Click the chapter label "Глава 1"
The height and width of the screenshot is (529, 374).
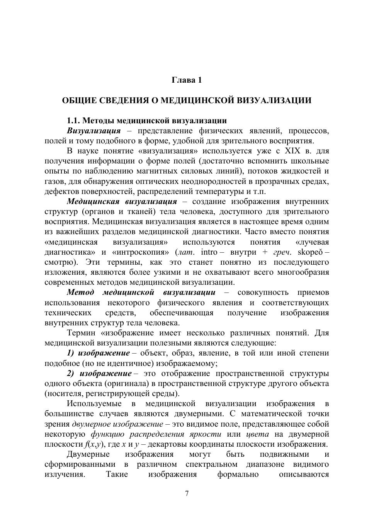click(x=187, y=80)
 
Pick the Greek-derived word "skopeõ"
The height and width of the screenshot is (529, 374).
click(x=311, y=252)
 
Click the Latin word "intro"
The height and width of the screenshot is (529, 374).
click(x=209, y=252)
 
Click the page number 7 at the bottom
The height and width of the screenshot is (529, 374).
click(x=187, y=493)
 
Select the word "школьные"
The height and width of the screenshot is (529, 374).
click(x=309, y=161)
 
